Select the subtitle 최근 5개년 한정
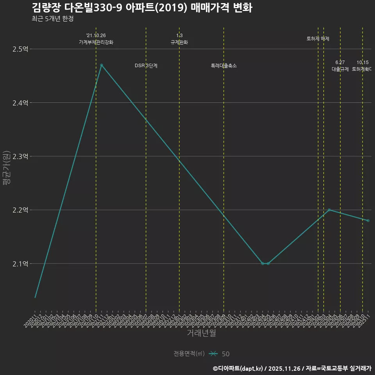pos(52,18)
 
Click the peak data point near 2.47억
pos(102,65)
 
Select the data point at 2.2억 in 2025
pos(329,210)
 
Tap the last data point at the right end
pos(368,221)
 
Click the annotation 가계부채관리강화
pos(96,42)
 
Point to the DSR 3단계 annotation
pos(146,66)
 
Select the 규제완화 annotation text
pos(179,42)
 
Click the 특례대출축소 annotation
pos(224,66)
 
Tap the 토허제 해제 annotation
pos(318,39)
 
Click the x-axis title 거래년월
pos(201,333)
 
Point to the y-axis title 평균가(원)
pos(6,168)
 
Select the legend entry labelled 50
pos(225,354)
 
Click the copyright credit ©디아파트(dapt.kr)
pos(238,368)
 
